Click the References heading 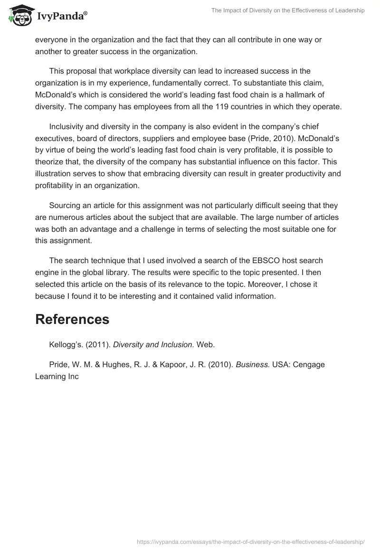(x=72, y=319)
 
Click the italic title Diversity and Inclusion (x=153, y=344)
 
